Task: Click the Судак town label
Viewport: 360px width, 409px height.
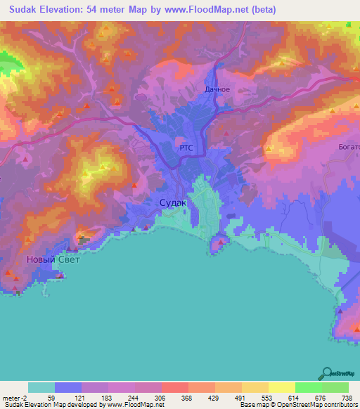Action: tap(173, 202)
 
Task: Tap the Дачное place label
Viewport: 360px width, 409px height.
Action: tap(217, 90)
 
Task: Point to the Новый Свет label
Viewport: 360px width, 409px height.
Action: tap(53, 259)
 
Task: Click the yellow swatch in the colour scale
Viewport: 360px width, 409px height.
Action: tap(255, 387)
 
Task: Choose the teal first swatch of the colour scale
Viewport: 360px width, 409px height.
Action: tap(41, 387)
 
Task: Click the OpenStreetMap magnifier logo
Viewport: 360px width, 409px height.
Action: tap(327, 373)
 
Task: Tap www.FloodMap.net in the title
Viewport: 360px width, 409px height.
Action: tap(209, 10)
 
